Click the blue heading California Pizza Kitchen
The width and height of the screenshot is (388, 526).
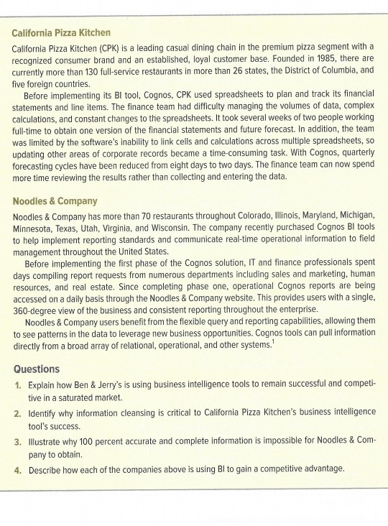(x=62, y=33)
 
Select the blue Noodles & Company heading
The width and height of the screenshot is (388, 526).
(x=55, y=200)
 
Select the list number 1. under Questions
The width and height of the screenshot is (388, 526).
(x=19, y=385)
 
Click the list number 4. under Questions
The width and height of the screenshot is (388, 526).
(x=19, y=470)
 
